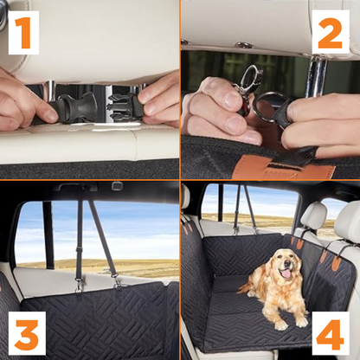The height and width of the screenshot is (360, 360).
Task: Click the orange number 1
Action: coord(23,33)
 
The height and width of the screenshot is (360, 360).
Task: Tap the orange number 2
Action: coord(330,33)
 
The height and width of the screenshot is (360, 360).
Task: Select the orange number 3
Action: coord(27,334)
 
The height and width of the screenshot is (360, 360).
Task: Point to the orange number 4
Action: coord(330,334)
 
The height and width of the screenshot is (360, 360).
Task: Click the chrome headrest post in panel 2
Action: coord(317,75)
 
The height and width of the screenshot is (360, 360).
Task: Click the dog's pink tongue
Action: coord(286,273)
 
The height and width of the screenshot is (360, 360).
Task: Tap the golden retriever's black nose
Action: coord(287,263)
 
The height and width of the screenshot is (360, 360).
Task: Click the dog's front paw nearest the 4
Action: coord(301,322)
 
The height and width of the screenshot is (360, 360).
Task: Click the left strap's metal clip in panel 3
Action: coord(78,285)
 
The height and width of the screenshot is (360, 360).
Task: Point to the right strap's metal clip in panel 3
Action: coord(117,281)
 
